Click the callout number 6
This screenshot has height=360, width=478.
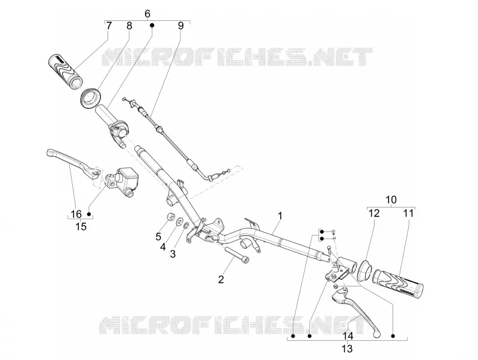[147, 14]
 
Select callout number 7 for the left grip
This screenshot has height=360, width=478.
[109, 26]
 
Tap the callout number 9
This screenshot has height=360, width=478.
[181, 26]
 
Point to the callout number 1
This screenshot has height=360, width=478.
[280, 216]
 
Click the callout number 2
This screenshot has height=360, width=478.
[221, 279]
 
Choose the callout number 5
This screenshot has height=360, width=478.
[158, 236]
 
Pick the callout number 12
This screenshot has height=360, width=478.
[374, 213]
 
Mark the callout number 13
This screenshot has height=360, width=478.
[347, 349]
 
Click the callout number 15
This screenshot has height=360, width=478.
[81, 227]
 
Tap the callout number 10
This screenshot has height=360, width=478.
[391, 200]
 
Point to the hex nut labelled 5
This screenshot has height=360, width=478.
[171, 218]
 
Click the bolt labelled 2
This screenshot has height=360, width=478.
[237, 253]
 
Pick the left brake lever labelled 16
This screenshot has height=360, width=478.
[73, 161]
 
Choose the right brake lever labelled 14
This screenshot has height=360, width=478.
[357, 310]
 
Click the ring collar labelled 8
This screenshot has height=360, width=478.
[91, 97]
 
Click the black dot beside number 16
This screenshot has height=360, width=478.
[89, 214]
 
